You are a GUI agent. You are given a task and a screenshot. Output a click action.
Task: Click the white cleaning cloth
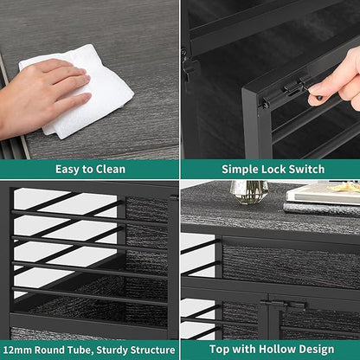(84, 93)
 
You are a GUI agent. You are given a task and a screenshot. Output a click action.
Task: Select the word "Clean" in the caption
(111, 169)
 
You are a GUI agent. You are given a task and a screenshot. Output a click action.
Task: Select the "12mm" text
(18, 350)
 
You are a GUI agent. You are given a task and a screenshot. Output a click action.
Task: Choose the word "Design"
(316, 350)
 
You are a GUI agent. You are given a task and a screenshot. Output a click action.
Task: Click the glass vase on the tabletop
(248, 192)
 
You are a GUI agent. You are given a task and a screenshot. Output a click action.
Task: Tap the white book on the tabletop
(323, 195)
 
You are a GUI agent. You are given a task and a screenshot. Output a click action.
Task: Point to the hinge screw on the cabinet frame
(183, 53)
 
